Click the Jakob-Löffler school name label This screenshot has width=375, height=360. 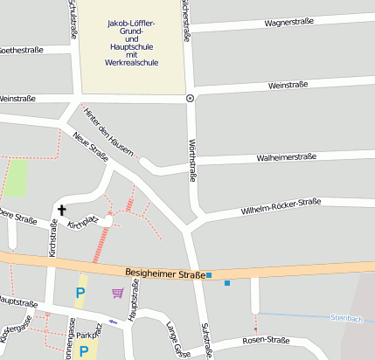[131, 42]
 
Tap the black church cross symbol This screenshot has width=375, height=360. [62, 210]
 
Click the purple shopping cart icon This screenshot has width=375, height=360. [117, 293]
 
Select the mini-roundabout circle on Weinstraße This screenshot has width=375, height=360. [191, 99]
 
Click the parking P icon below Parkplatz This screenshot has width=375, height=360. [85, 351]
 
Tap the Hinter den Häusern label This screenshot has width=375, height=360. [109, 132]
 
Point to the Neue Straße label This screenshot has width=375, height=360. [91, 147]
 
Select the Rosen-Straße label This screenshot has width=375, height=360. [266, 340]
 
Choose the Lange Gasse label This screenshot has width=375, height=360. [177, 339]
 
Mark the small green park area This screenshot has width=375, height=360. [15, 177]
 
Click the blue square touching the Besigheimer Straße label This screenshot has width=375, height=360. [209, 275]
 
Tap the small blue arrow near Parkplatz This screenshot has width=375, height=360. [113, 322]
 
